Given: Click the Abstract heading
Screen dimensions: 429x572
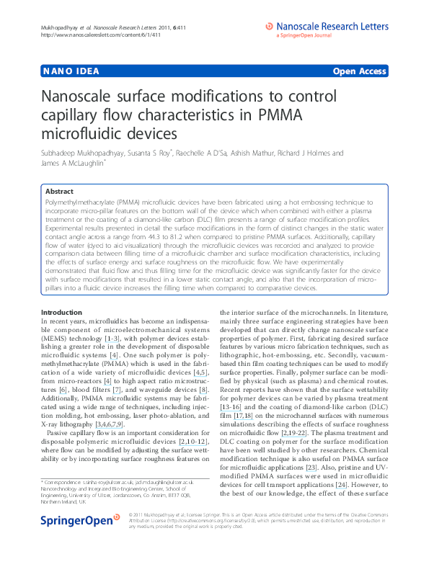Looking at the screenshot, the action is click(59, 192).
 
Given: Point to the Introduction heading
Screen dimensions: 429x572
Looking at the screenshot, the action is click(63, 311).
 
